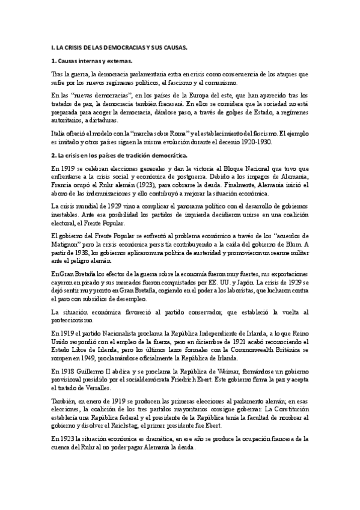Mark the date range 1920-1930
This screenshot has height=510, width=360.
(x=256, y=143)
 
